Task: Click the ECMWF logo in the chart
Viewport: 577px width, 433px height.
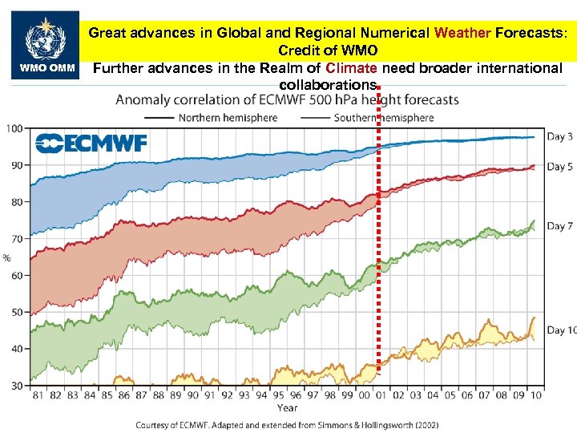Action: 91,144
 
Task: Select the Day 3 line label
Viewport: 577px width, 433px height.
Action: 560,136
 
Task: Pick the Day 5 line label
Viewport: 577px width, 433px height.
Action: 560,167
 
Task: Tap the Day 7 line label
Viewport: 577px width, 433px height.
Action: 560,226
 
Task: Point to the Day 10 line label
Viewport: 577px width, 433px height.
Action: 561,330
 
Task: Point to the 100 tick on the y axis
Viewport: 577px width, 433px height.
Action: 14,128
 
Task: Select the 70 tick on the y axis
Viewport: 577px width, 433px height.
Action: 15,239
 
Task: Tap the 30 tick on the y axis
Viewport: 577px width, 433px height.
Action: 15,386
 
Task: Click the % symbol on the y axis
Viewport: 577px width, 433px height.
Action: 7,257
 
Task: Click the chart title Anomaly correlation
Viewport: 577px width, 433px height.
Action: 288,100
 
